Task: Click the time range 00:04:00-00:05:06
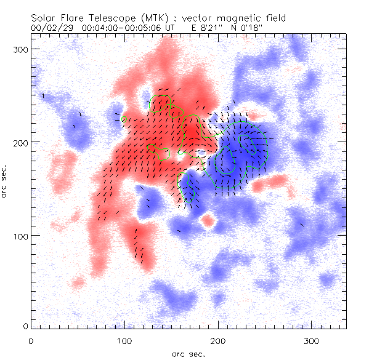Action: (122, 28)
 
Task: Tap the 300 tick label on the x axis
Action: (312, 340)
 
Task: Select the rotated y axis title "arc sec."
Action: (6, 182)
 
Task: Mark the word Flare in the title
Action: (67, 18)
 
